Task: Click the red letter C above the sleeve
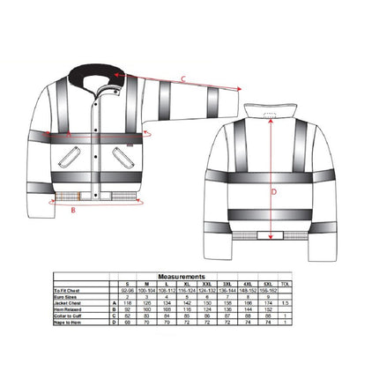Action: point(182,79)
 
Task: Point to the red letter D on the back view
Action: point(272,190)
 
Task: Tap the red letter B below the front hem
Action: point(72,211)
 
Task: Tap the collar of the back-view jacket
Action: point(270,112)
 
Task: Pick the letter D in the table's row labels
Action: point(114,323)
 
